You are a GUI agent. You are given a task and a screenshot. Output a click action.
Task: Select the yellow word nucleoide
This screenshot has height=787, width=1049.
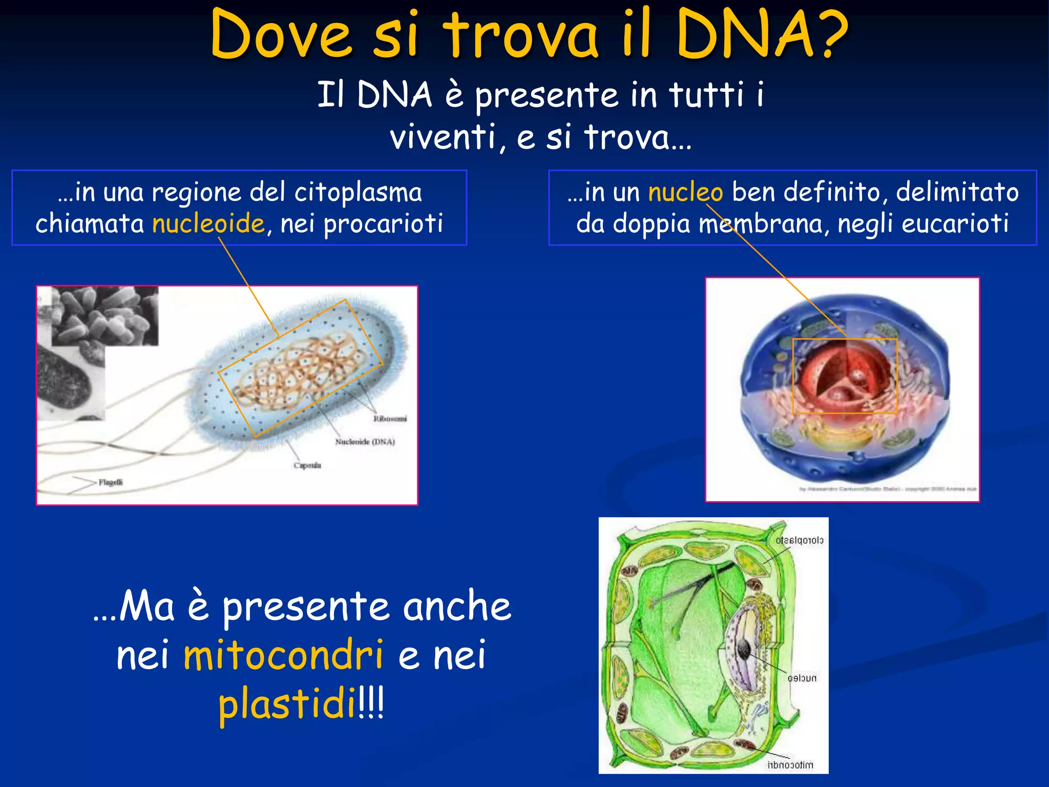point(208,223)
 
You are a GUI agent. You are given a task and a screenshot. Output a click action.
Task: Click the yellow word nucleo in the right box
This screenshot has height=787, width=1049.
point(685,193)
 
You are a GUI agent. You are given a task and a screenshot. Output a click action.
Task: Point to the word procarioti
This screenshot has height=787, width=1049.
point(383,224)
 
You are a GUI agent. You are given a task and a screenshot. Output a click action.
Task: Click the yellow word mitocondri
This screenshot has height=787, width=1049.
point(283,655)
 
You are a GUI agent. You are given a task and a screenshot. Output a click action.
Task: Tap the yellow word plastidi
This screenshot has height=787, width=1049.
point(287,704)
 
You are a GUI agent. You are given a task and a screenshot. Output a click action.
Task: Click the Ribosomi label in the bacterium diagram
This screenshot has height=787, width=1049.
point(390,419)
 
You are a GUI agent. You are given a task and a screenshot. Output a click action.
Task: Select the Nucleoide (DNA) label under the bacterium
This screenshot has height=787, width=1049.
point(365,442)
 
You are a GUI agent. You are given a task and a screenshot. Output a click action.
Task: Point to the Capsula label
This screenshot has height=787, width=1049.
point(307,465)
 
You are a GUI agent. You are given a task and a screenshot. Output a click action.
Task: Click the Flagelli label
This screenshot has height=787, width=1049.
point(111,482)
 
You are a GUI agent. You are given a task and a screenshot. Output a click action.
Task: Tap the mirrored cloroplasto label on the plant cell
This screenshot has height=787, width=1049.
point(799,541)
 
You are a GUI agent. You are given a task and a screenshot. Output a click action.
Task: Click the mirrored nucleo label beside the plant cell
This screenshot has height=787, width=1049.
point(802,678)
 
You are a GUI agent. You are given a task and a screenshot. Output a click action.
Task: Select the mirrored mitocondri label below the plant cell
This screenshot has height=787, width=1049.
point(790,765)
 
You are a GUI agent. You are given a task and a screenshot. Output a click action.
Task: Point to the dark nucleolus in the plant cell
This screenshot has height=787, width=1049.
point(744,650)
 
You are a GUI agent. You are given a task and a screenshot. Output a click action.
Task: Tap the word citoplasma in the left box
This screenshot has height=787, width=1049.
point(358,193)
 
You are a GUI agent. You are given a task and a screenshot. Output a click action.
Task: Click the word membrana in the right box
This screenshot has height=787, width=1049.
point(761,224)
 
